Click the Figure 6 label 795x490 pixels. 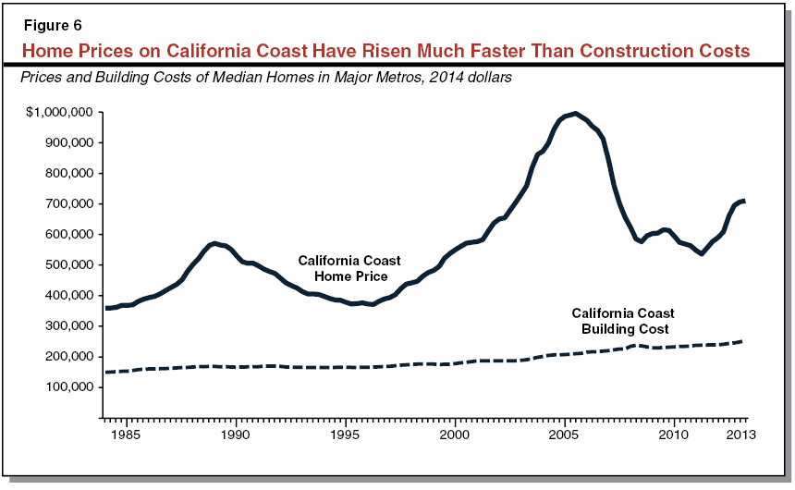coord(55,25)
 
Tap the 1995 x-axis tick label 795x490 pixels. coord(345,433)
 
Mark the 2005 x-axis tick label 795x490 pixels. coord(564,433)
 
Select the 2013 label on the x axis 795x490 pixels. coord(739,433)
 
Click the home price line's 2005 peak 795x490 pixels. coord(575,114)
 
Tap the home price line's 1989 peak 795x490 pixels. coord(214,243)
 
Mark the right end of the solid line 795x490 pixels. coord(744,201)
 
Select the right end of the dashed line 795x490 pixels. coord(744,341)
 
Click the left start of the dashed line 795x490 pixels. coord(107,372)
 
